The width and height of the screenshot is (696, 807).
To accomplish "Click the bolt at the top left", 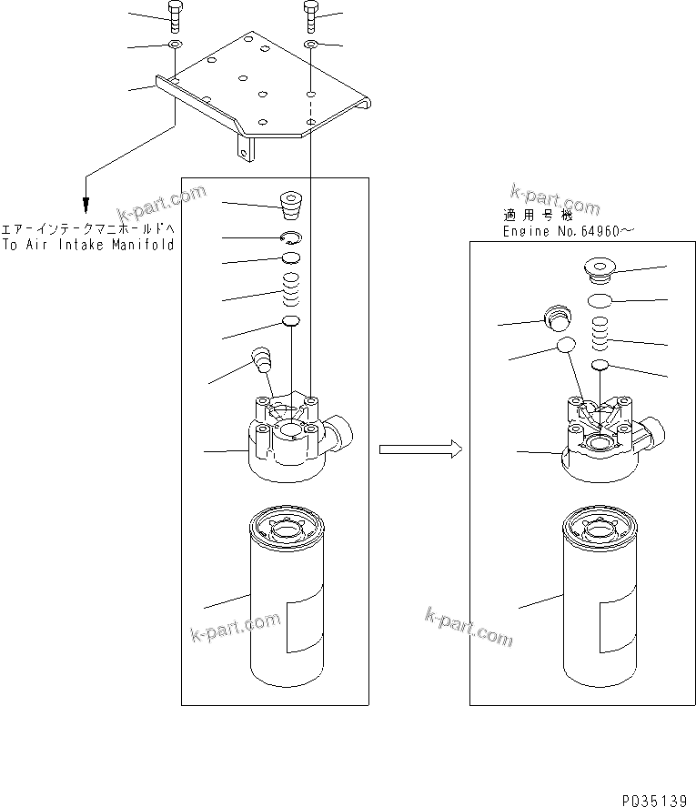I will [174, 14].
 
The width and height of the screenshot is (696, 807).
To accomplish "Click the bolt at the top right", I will [310, 14].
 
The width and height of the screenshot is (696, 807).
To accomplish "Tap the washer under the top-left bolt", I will [174, 44].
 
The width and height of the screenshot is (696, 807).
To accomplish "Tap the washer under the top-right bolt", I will [310, 44].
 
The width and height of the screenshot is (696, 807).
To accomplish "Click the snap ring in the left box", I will [291, 238].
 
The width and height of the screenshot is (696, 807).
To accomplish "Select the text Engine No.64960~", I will [563, 232].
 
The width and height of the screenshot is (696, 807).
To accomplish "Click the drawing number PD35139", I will [654, 800].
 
